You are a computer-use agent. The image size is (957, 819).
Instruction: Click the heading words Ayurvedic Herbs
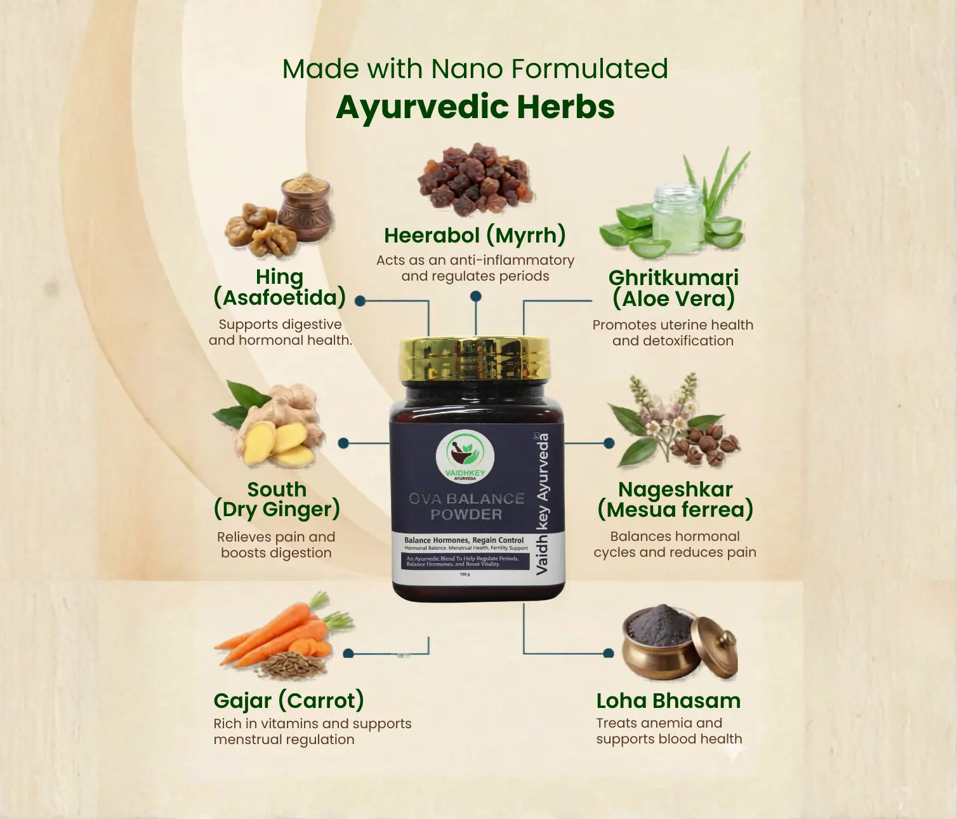(475, 107)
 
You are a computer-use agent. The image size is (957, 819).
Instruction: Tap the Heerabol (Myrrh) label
(475, 236)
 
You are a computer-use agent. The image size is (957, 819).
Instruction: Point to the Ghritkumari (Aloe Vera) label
(673, 288)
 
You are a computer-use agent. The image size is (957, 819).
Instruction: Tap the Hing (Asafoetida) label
(280, 287)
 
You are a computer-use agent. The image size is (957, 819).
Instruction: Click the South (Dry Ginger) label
(277, 499)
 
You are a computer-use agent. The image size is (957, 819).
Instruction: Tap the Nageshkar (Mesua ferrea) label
(675, 499)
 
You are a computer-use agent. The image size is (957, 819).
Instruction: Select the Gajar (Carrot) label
(289, 700)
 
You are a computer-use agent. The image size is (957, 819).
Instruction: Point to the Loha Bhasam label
(668, 700)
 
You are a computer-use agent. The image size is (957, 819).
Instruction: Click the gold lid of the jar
(475, 358)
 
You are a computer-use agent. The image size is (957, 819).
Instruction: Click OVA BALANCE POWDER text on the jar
(466, 506)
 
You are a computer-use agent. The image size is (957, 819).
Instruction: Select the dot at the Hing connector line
(360, 301)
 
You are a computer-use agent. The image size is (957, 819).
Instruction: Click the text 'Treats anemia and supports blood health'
(669, 731)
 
